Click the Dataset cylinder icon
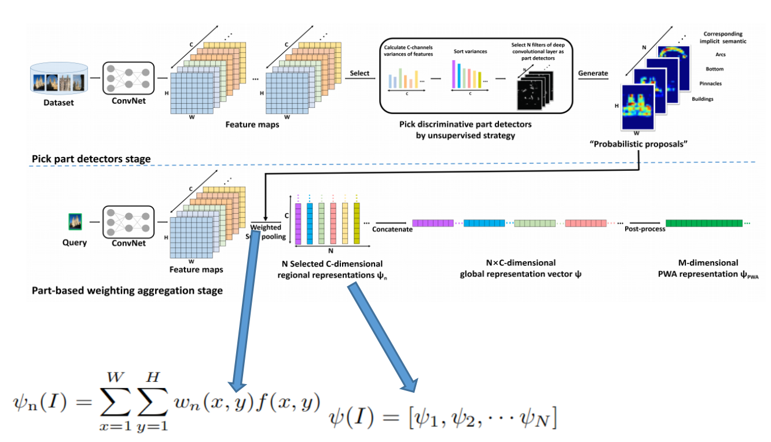click(x=58, y=79)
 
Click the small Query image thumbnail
click(x=74, y=221)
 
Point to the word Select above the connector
click(x=360, y=73)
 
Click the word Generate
click(x=593, y=73)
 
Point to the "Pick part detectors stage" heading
click(x=91, y=158)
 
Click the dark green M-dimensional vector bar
click(x=703, y=223)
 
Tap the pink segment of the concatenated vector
click(x=585, y=223)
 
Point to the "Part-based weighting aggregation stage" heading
click(x=127, y=291)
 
